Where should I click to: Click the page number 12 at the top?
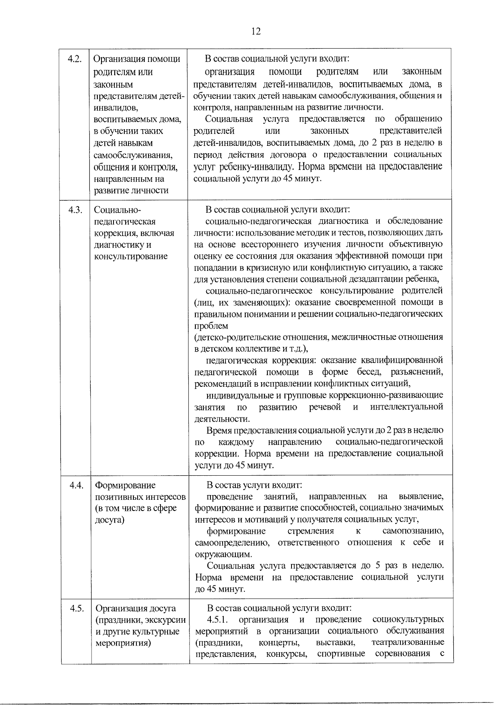(x=256, y=31)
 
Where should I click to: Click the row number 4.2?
(x=74, y=59)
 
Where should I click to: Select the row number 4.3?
(x=75, y=210)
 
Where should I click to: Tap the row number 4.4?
(x=77, y=485)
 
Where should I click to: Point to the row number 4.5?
(x=77, y=608)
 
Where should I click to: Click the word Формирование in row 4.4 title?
(x=125, y=485)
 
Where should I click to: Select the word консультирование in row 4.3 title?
(x=131, y=256)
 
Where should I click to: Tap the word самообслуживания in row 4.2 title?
(x=133, y=155)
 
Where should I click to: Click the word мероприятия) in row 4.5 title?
(x=123, y=643)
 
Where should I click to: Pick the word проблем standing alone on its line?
(x=211, y=326)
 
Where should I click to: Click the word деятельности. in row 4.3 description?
(x=222, y=419)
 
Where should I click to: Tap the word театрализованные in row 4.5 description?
(x=408, y=643)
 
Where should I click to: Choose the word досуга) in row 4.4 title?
(x=110, y=520)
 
